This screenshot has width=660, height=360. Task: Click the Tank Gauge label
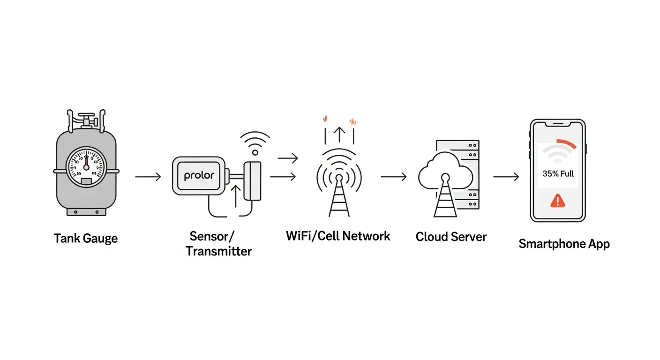(86, 238)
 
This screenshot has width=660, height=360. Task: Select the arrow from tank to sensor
(148, 177)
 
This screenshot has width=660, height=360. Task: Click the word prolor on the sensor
(199, 176)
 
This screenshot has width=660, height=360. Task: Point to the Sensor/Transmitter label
(218, 243)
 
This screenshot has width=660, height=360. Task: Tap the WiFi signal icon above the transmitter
(255, 142)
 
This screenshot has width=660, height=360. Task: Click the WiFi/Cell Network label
(338, 235)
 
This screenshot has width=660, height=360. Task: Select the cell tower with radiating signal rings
(339, 187)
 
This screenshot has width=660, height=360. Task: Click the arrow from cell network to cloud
(394, 177)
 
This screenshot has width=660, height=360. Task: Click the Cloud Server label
(451, 237)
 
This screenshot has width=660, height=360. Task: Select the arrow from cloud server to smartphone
(506, 177)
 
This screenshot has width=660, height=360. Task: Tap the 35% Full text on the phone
(558, 173)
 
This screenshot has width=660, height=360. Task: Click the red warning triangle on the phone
(556, 201)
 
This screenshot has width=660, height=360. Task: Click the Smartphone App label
(564, 244)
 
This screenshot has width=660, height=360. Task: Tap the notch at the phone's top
(557, 124)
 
